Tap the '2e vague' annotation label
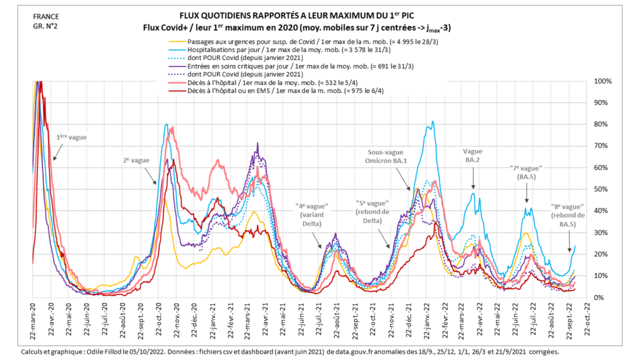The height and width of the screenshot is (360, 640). (x=136, y=161)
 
